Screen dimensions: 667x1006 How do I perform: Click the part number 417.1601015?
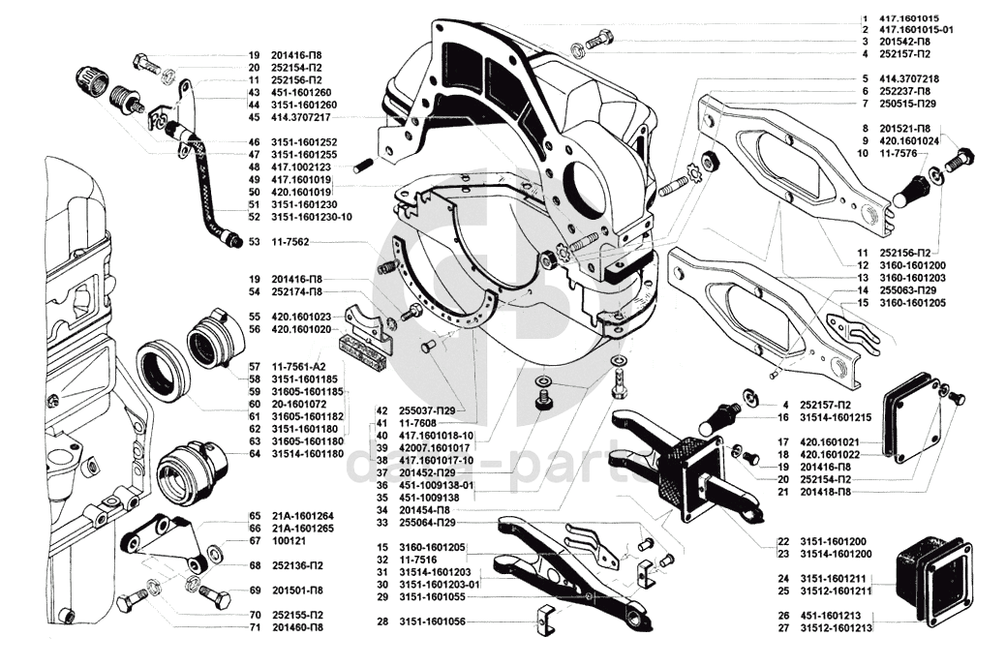[x=911, y=18]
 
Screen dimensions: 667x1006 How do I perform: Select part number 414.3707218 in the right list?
[x=911, y=78]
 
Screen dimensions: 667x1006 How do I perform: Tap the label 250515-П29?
[x=909, y=103]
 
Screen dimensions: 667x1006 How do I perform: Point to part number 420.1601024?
[x=911, y=140]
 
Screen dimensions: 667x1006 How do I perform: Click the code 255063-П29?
[x=909, y=290]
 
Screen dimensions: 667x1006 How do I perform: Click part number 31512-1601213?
[x=837, y=627]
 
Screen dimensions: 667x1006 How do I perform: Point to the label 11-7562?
[x=290, y=241]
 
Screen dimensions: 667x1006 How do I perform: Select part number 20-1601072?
[x=300, y=404]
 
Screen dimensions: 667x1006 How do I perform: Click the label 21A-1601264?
[x=304, y=516]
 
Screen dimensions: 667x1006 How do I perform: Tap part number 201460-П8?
[x=301, y=627]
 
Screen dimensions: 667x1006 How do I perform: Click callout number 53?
[x=255, y=241]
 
